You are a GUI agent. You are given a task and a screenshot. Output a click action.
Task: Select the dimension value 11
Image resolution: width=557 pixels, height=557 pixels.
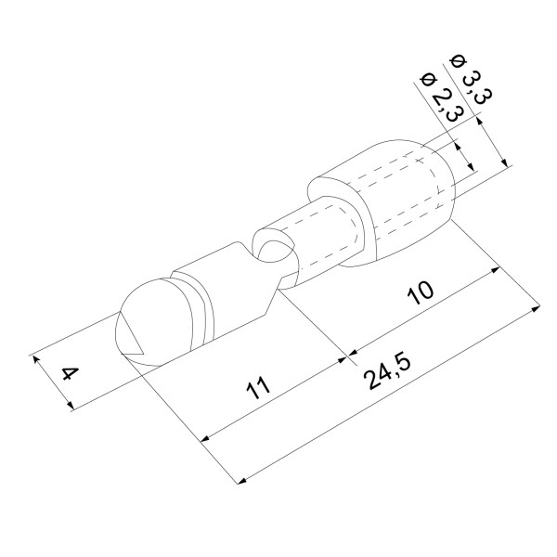coord(258,388)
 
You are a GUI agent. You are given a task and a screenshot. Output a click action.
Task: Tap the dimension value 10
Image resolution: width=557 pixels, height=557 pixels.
coord(421,293)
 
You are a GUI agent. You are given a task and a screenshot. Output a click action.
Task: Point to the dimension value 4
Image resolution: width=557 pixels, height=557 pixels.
coord(71,374)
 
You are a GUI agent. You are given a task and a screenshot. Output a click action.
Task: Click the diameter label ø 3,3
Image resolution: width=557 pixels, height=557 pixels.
coord(472,79)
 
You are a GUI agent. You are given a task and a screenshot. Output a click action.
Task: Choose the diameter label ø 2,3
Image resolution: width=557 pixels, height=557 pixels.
coord(442,97)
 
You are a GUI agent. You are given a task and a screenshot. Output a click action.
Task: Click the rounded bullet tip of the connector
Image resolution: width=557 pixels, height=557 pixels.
coord(153,322)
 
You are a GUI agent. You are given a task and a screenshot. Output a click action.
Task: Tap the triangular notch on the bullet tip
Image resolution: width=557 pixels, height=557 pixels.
coord(131,338)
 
